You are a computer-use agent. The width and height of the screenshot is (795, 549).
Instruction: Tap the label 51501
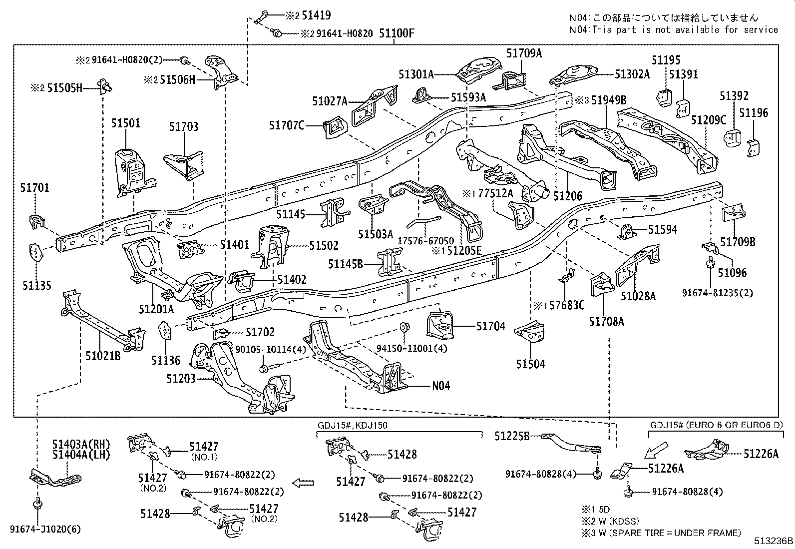tap(126, 123)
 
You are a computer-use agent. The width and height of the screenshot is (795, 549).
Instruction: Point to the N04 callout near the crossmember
tap(441, 386)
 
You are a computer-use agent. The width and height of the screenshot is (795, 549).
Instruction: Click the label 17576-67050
tap(425, 240)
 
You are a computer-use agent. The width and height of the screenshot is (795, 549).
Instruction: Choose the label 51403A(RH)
tap(81, 444)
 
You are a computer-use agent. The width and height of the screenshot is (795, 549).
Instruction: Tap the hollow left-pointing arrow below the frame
tap(303, 483)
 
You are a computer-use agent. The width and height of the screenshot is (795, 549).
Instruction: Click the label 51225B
tap(512, 436)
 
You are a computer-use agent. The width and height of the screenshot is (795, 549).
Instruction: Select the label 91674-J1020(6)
tap(45, 529)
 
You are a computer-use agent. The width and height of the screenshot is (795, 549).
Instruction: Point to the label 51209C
tap(709, 120)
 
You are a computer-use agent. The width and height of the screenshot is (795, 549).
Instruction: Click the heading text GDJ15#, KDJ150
tap(352, 426)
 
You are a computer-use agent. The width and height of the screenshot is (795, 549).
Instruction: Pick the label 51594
tap(663, 230)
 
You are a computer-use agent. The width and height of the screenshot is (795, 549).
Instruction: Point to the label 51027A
tap(330, 101)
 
